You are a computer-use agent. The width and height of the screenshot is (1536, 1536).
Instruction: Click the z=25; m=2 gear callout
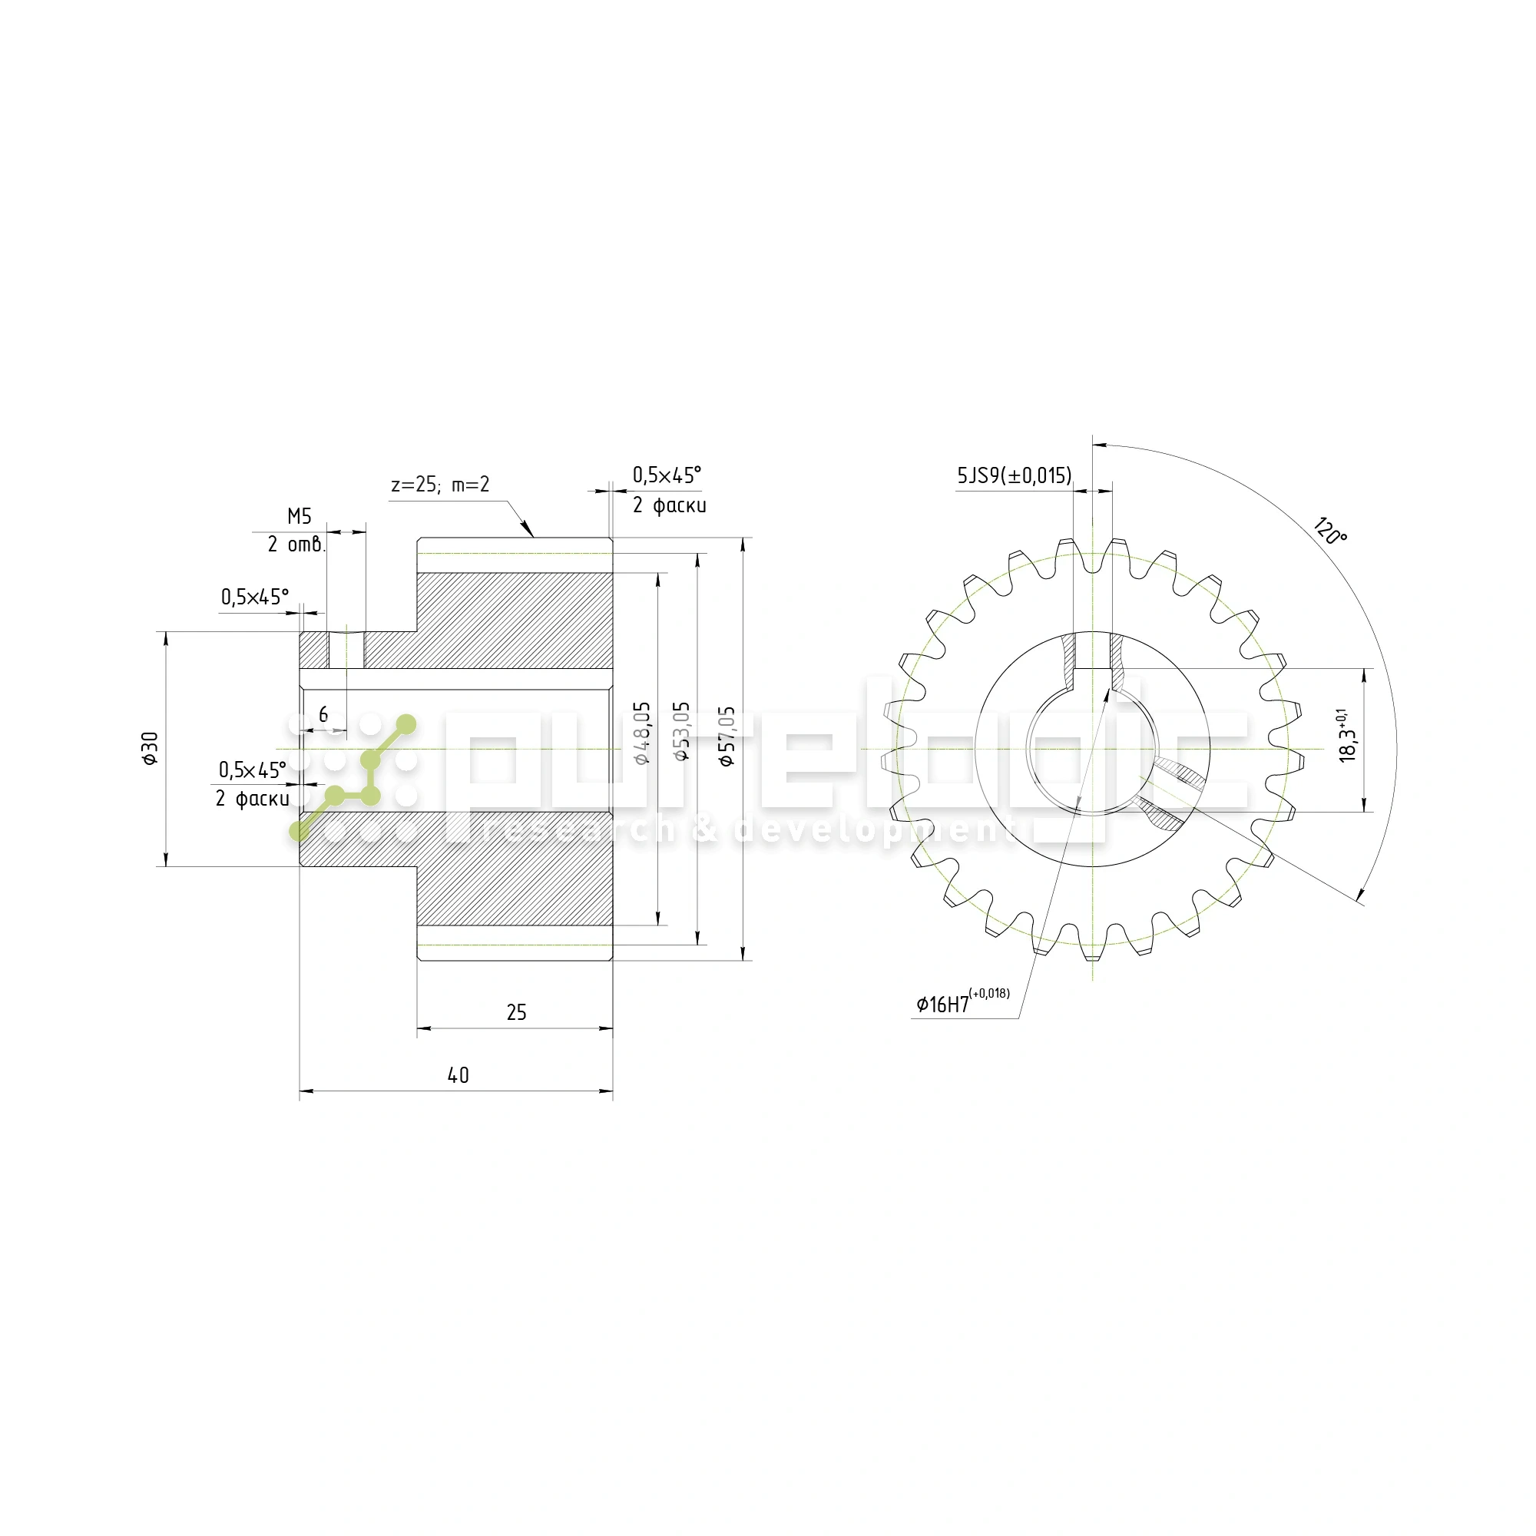point(439,485)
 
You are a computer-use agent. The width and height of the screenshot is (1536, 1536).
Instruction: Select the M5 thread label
point(299,517)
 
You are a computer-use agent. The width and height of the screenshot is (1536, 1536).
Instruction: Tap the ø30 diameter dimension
point(151,748)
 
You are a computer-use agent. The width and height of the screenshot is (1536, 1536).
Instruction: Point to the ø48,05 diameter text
point(642,732)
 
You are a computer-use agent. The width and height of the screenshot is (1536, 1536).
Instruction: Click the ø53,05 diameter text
point(682,731)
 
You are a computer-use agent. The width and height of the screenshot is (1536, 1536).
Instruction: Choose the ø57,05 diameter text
point(727,736)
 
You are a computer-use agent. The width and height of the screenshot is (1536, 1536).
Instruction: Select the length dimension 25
point(516,1012)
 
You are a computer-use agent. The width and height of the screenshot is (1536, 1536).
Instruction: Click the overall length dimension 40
point(458,1076)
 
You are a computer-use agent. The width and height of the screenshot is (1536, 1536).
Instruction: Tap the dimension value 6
point(323,715)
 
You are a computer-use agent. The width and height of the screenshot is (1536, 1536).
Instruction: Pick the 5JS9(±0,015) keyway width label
point(1014,476)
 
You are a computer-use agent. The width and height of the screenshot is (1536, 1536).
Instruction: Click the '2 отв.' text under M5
point(296,545)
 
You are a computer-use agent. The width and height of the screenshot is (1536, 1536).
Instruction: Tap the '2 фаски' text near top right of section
point(669,505)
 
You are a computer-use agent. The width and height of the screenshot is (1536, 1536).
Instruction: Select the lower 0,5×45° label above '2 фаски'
point(253,770)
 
